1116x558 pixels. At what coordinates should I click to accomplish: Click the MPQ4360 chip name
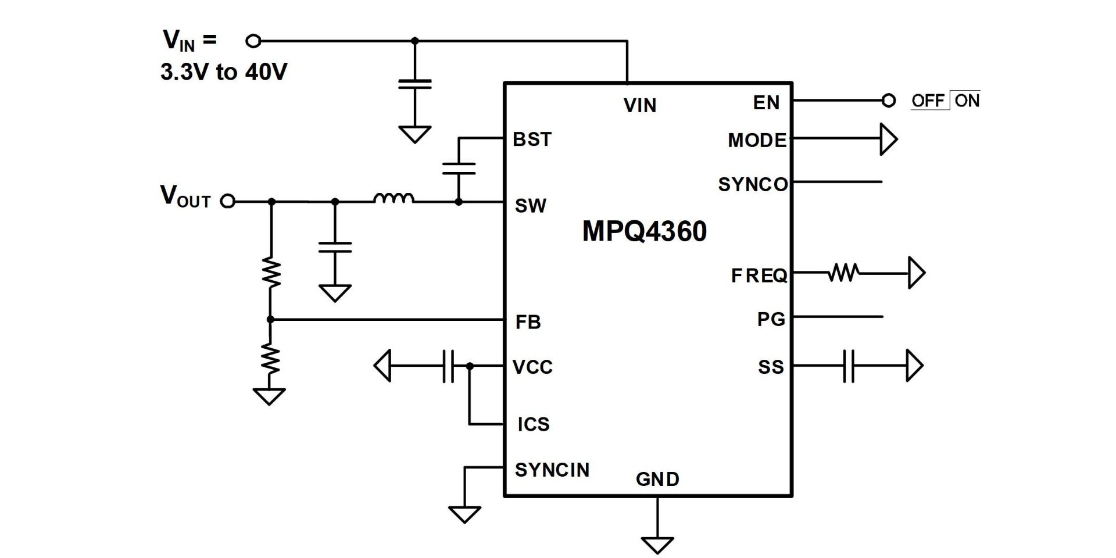tap(645, 231)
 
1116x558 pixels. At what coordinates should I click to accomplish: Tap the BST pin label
tap(532, 139)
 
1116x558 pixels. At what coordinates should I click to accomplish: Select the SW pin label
tap(531, 206)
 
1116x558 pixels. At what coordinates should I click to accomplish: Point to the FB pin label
tap(528, 322)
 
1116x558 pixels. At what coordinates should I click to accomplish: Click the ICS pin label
tap(534, 424)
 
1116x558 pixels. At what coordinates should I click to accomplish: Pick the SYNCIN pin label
tap(552, 470)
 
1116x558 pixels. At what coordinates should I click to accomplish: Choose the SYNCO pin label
tap(753, 184)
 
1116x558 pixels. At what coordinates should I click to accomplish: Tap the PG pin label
tap(771, 319)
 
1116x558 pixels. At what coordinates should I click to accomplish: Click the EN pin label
tap(766, 103)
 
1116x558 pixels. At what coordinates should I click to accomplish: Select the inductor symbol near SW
tap(394, 198)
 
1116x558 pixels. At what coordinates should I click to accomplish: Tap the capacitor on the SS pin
tap(849, 366)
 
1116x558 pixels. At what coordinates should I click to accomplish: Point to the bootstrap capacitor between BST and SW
tap(459, 169)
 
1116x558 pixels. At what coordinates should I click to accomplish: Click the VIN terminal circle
tap(253, 41)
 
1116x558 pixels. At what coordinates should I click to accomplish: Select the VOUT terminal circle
tap(228, 201)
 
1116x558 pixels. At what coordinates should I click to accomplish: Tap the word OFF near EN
tap(928, 101)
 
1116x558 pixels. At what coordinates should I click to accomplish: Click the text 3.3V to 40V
tap(224, 72)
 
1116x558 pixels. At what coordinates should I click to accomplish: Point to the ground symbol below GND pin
tap(657, 545)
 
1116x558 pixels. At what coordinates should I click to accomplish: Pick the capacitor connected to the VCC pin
tap(448, 366)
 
